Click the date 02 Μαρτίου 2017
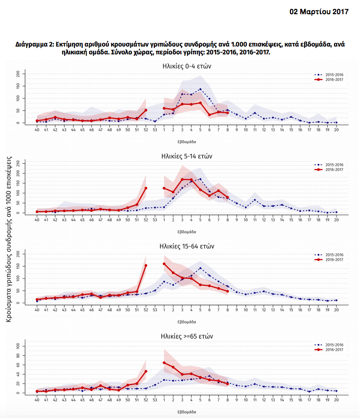point(319,11)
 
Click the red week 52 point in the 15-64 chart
point(145,266)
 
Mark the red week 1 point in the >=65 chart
point(164,363)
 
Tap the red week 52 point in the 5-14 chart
point(145,188)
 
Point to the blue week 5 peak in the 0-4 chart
point(200,89)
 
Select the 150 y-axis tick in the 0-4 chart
point(19,86)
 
